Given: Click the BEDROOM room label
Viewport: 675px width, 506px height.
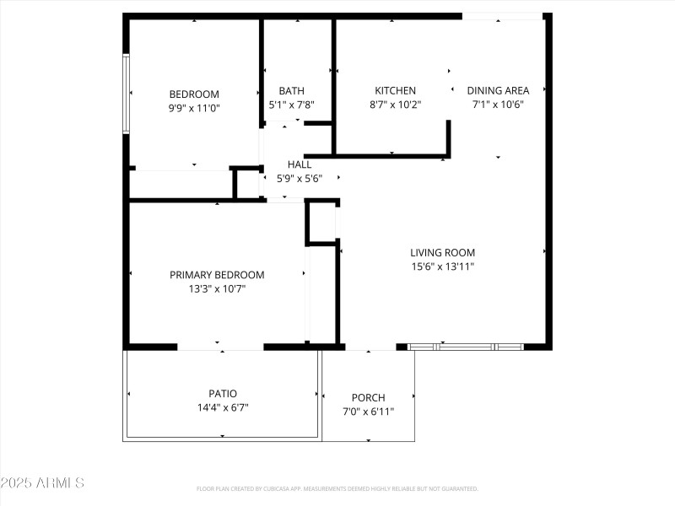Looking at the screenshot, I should pyautogui.click(x=194, y=94).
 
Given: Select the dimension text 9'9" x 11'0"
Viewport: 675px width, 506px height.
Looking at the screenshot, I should pyautogui.click(x=194, y=108).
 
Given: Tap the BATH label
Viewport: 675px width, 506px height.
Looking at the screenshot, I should pyautogui.click(x=291, y=91).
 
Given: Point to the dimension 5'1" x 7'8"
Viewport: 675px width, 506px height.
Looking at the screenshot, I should pyautogui.click(x=291, y=105).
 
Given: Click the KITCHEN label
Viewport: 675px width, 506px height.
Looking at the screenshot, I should pyautogui.click(x=395, y=91).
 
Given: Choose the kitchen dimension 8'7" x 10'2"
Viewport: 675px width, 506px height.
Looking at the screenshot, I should pyautogui.click(x=395, y=105).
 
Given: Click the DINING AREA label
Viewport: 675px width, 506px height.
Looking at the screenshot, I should pyautogui.click(x=498, y=91).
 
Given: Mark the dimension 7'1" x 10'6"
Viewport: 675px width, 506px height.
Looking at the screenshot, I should pyautogui.click(x=498, y=105).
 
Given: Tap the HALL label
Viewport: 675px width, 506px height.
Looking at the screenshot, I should pyautogui.click(x=300, y=164).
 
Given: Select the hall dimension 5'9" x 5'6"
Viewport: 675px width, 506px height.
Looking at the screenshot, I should pyautogui.click(x=300, y=178).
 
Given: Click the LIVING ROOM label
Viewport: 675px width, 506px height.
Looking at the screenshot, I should pyautogui.click(x=442, y=252).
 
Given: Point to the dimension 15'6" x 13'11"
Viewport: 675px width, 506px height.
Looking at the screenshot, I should pyautogui.click(x=442, y=266).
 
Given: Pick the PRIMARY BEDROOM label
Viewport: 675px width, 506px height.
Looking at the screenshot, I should pyautogui.click(x=217, y=275).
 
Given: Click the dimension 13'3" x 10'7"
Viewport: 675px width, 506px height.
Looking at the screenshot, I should pyautogui.click(x=217, y=288).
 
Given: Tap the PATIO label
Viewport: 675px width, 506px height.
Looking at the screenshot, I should pyautogui.click(x=223, y=393).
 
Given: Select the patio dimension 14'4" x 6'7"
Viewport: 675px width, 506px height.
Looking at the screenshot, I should pyautogui.click(x=223, y=406).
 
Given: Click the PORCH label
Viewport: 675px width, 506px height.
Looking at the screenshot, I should pyautogui.click(x=368, y=398).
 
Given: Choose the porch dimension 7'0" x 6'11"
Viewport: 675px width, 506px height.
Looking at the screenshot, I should pyautogui.click(x=368, y=412).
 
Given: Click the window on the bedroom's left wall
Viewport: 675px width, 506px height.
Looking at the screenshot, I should pyautogui.click(x=126, y=94).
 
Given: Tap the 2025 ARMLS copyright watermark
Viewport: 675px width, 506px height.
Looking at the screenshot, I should pyautogui.click(x=42, y=483).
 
